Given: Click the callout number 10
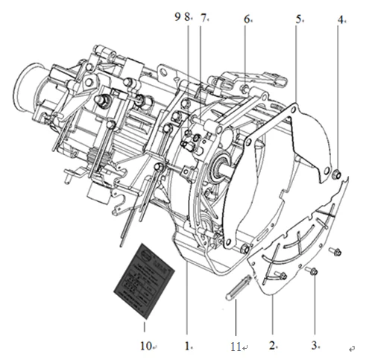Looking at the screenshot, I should [x=145, y=345].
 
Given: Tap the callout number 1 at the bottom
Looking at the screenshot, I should [x=189, y=346].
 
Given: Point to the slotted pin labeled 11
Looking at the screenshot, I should [x=233, y=287].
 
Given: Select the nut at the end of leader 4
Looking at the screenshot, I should [x=336, y=175].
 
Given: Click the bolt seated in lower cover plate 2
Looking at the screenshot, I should [x=283, y=277].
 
